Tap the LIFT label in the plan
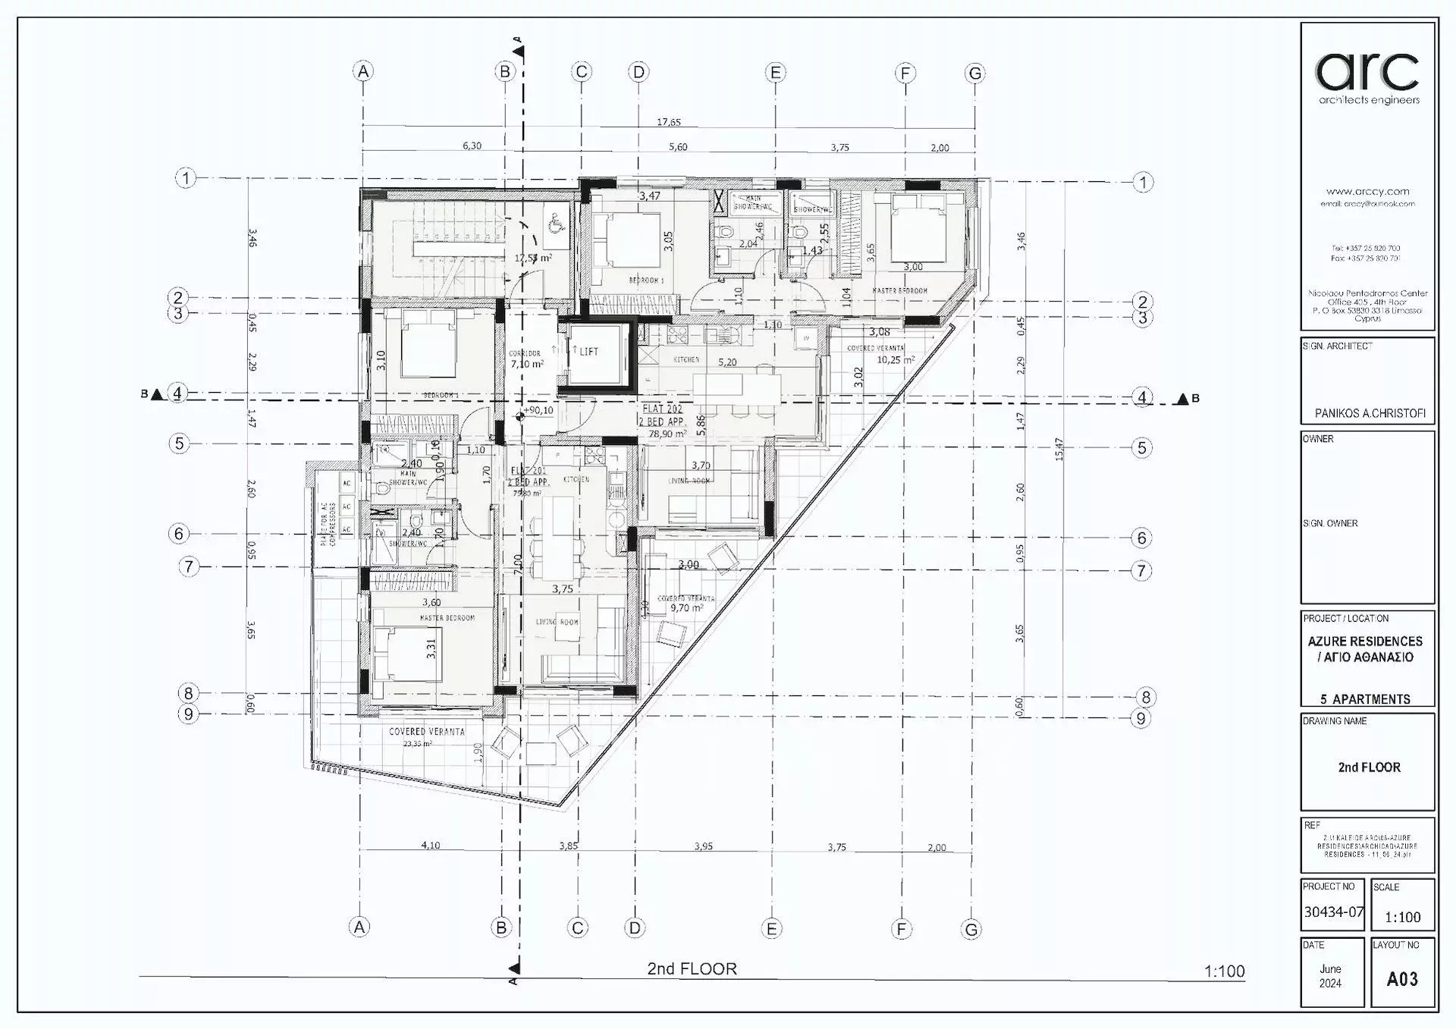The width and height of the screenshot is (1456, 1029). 588,351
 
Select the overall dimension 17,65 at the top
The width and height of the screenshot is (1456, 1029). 668,122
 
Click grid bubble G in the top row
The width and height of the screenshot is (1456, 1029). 974,74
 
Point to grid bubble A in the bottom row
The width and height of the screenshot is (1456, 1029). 359,927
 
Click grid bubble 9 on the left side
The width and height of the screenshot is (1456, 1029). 188,714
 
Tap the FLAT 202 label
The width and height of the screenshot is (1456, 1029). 662,409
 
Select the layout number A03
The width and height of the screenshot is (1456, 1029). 1401,979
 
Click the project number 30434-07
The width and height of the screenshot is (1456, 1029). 1333,912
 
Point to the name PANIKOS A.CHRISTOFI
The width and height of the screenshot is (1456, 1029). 1370,413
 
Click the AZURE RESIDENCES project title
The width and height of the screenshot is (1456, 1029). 1365,641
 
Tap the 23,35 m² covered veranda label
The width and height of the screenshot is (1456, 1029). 417,744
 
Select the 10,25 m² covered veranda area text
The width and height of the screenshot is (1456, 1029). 896,360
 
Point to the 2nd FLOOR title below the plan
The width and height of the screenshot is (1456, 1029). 692,968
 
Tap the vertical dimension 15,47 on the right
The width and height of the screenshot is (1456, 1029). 1059,449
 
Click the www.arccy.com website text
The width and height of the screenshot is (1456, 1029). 1367,192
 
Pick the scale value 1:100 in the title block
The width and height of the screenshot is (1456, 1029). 1402,917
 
